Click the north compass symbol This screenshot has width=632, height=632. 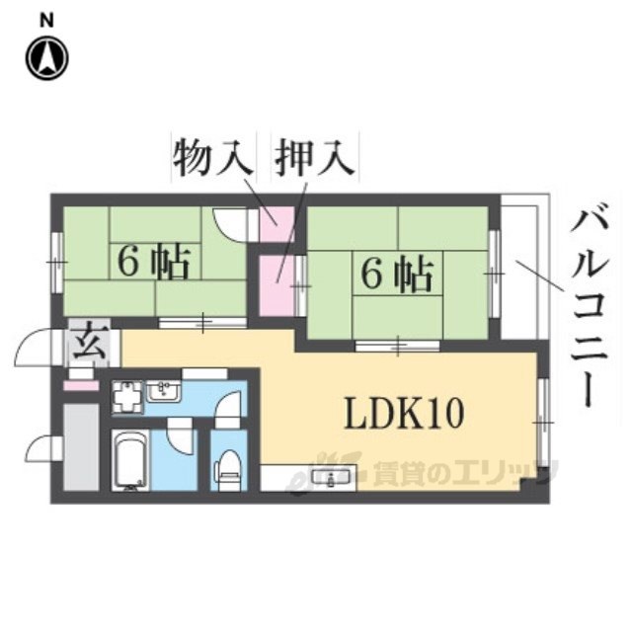click(x=46, y=58)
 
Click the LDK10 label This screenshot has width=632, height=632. click(x=403, y=414)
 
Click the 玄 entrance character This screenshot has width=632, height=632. click(x=81, y=347)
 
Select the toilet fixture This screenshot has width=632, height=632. click(x=229, y=467)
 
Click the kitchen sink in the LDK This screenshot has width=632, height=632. click(x=325, y=478)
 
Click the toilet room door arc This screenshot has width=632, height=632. click(x=229, y=406)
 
